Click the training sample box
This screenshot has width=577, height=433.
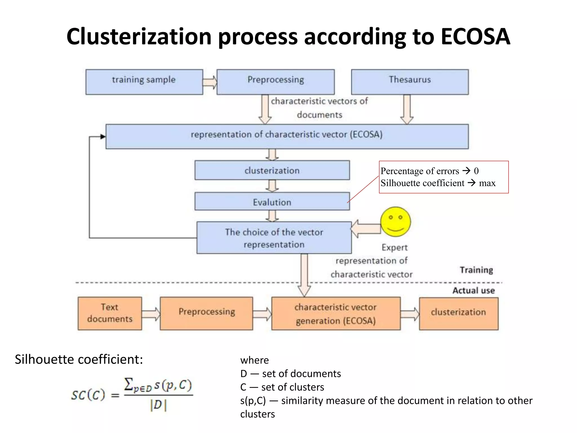pyautogui.click(x=144, y=82)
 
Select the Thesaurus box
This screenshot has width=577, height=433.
pyautogui.click(x=410, y=82)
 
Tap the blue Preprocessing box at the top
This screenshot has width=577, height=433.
pyautogui.click(x=275, y=82)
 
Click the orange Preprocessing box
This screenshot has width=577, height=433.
pyautogui.click(x=206, y=313)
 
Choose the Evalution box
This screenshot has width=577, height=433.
pyautogui.click(x=272, y=202)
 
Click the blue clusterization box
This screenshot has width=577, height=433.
pyautogui.click(x=272, y=170)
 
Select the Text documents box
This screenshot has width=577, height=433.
pyautogui.click(x=110, y=313)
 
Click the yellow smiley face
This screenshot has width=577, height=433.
pyautogui.click(x=395, y=222)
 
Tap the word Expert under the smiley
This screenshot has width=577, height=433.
pyautogui.click(x=394, y=248)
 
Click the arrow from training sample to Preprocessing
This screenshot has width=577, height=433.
pyautogui.click(x=210, y=82)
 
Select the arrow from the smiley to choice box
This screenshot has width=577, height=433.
pyautogui.click(x=366, y=229)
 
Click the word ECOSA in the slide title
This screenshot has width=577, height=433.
pyautogui.click(x=475, y=37)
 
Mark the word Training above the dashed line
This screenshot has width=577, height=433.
pyautogui.click(x=476, y=270)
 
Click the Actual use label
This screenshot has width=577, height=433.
pyautogui.click(x=474, y=291)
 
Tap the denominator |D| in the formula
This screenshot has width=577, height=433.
pyautogui.click(x=158, y=405)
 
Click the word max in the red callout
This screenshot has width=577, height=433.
pyautogui.click(x=487, y=183)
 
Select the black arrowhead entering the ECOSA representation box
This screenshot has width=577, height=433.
pyautogui.click(x=103, y=137)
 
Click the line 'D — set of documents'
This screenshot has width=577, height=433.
pyautogui.click(x=290, y=374)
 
